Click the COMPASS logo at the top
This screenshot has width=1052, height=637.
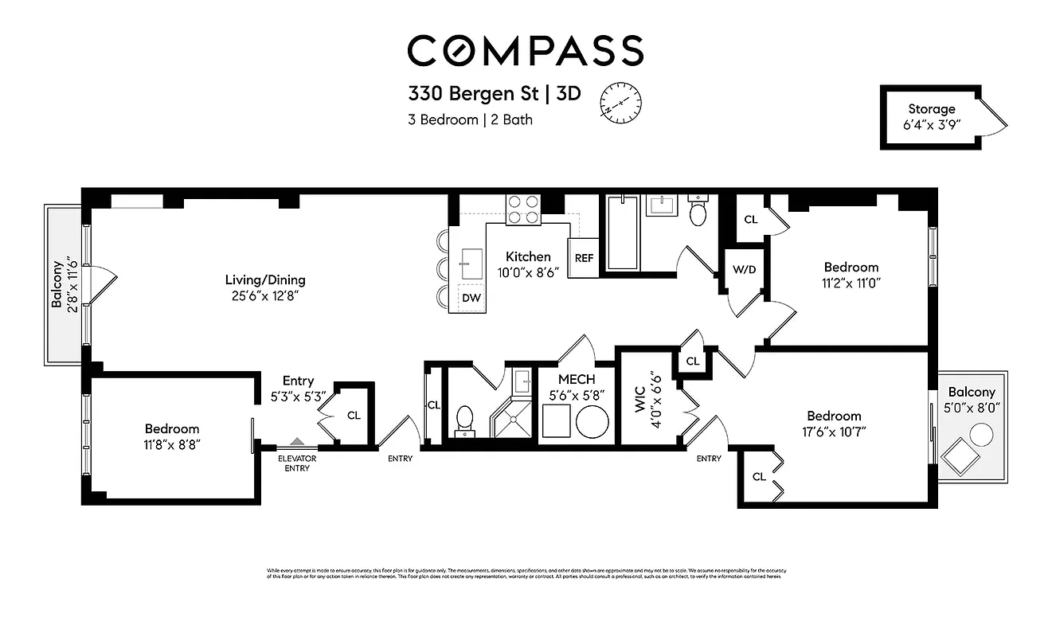(x=525, y=50)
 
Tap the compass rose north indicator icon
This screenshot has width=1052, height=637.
(x=620, y=102)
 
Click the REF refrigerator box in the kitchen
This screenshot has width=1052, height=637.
(x=584, y=258)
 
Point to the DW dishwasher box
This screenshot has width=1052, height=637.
(x=471, y=298)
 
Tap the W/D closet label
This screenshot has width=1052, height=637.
(x=744, y=269)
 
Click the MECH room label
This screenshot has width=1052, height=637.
(x=577, y=380)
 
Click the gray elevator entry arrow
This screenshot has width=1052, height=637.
(x=297, y=440)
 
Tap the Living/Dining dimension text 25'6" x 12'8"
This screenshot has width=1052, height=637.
(x=265, y=296)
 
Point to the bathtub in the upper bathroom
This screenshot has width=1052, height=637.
(x=622, y=232)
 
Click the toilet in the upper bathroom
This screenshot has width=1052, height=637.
(x=698, y=211)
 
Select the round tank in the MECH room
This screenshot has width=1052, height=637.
(x=592, y=422)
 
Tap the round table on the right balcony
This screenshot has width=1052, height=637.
(x=981, y=435)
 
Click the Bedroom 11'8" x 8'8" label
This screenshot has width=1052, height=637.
(x=172, y=436)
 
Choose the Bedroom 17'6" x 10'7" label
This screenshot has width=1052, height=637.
(x=834, y=424)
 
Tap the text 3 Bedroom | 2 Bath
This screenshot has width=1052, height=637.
(x=470, y=120)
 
